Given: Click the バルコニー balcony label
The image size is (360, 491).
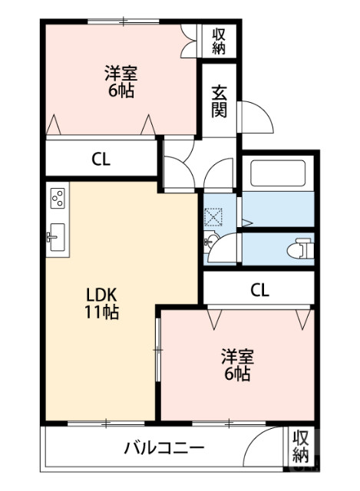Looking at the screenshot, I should (x=164, y=447).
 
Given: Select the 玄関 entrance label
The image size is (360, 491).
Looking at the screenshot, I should (x=220, y=100).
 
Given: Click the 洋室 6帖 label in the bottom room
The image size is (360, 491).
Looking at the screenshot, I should (x=237, y=365).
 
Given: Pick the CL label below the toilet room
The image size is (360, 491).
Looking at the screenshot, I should (x=259, y=290).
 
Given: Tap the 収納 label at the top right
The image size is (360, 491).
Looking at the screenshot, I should (x=220, y=41).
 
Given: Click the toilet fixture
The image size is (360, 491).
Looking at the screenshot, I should (x=301, y=249).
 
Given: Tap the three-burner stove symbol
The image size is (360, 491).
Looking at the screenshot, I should (x=58, y=199).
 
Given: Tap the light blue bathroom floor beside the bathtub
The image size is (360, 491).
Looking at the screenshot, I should (x=278, y=209).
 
